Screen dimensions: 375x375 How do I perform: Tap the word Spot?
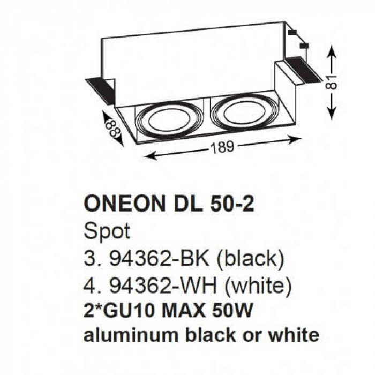tap(107, 231)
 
